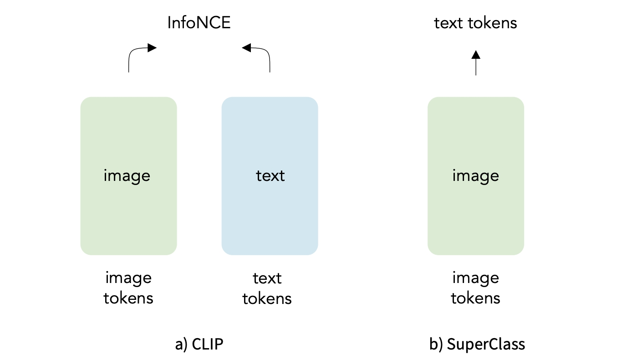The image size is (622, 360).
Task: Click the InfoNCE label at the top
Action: (x=199, y=22)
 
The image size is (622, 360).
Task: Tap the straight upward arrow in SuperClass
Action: (x=476, y=64)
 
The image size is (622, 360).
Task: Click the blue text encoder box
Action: (x=270, y=137)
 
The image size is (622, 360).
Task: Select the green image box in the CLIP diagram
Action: (x=128, y=137)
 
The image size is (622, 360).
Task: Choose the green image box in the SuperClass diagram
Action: (x=476, y=137)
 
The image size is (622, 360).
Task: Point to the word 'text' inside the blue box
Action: (x=270, y=175)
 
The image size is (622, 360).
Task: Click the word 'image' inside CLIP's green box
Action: (x=127, y=175)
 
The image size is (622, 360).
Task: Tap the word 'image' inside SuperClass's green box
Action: (x=476, y=175)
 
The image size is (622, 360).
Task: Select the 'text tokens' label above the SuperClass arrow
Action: (x=476, y=22)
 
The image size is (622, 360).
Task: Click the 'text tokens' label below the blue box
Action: (x=267, y=288)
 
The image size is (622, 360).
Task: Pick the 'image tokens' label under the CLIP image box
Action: (x=128, y=288)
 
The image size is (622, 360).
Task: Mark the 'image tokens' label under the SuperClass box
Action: (x=476, y=288)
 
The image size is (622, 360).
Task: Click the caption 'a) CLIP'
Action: (x=199, y=344)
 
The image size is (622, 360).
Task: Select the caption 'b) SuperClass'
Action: (x=477, y=344)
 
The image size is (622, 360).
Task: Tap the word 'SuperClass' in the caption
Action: (x=486, y=344)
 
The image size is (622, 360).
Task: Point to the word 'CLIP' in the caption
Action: (x=208, y=344)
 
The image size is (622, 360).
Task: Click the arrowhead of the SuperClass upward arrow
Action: (x=476, y=55)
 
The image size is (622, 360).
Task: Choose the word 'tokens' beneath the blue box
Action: (x=267, y=298)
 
